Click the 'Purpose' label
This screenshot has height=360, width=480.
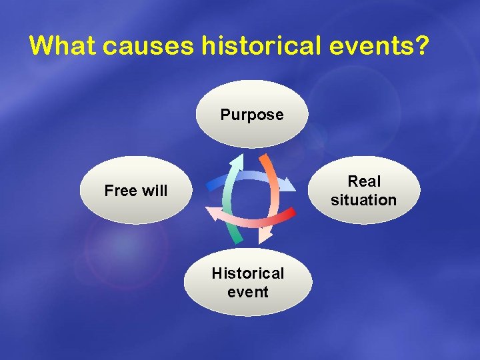point(252,115)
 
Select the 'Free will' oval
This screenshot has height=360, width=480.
point(135,191)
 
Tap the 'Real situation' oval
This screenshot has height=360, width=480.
point(363,190)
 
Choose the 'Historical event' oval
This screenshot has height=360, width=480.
point(247,283)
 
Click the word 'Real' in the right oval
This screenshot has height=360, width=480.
point(364,181)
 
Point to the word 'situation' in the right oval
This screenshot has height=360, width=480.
point(363,200)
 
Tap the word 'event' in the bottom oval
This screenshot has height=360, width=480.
point(247,292)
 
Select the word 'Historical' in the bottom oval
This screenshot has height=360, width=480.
point(247,273)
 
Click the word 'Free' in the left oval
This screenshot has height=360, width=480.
point(120,191)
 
